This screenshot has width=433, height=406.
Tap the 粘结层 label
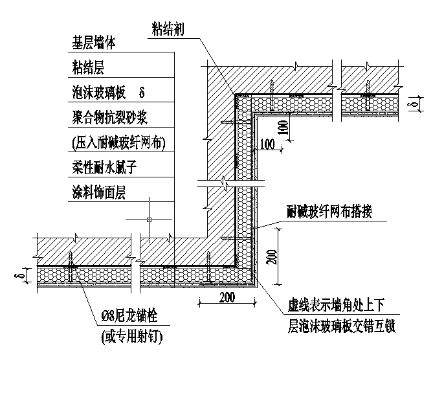[89, 67]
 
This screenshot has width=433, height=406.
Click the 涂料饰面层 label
[105, 192]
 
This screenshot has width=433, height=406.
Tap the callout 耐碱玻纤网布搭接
[329, 211]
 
